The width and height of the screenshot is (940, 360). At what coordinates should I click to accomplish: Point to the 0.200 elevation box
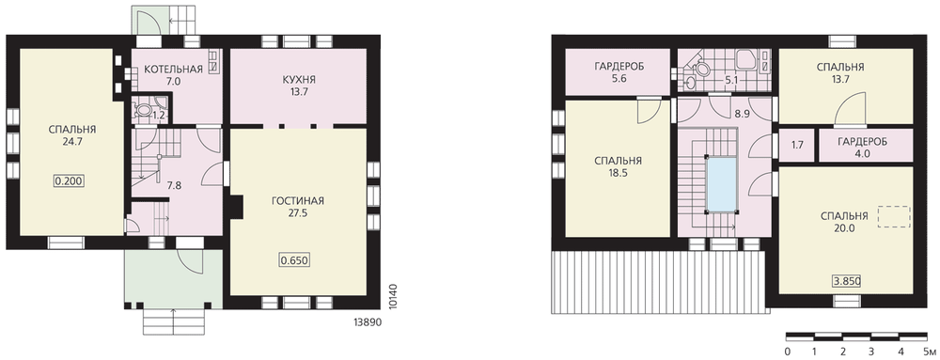point(70,181)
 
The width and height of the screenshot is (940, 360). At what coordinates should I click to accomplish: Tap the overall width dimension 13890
point(365,321)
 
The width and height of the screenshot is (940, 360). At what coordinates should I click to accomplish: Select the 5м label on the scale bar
point(929,351)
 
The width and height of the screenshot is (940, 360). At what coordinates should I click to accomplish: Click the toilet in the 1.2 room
point(144,110)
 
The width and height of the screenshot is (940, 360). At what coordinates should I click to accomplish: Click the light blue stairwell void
point(721,184)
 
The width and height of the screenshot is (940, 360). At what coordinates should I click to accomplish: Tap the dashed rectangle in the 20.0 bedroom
point(894,217)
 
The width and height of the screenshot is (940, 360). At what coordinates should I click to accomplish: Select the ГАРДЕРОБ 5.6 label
point(619,71)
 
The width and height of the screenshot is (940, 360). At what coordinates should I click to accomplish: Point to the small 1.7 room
point(797,145)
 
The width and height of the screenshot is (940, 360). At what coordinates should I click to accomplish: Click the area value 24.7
point(72,141)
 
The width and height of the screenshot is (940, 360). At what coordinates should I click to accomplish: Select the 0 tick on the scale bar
point(787,351)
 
